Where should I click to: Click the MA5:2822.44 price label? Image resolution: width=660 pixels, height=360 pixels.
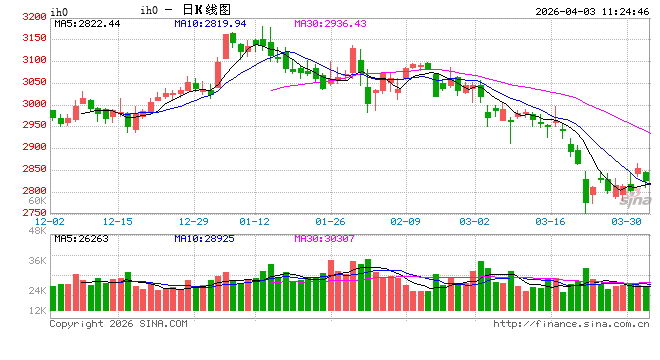coord(87,23)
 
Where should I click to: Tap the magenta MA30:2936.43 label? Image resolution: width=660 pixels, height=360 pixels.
coord(331,23)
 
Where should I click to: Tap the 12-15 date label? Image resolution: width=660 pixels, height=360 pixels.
coord(118,221)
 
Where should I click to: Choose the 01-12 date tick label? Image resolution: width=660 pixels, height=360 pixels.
coord(256,221)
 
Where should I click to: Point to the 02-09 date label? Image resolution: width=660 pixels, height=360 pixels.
coord(405,221)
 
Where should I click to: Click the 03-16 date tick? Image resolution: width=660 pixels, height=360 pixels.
coord(551,221)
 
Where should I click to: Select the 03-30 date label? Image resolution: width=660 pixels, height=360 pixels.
coord(627,221)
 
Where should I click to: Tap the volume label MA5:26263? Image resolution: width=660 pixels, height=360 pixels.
coord(81,239)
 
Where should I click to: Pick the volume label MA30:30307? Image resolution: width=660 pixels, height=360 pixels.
coord(325,239)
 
